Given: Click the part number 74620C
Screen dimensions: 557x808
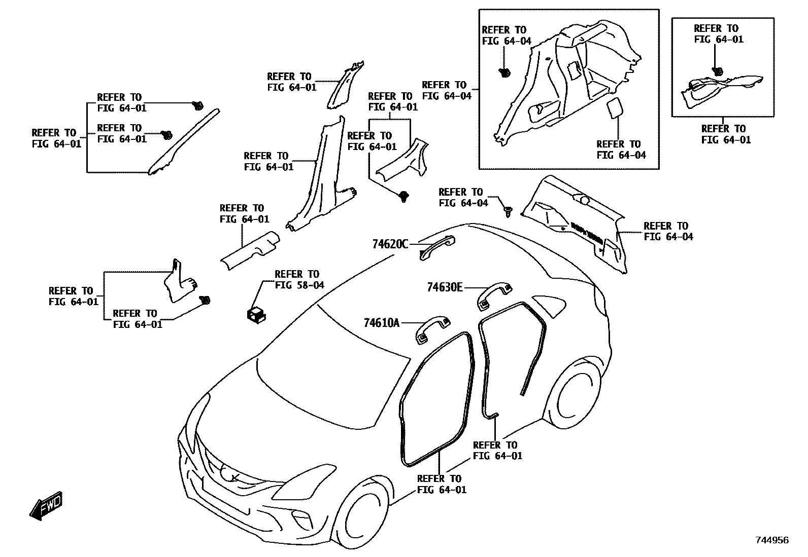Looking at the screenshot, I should click(x=390, y=244).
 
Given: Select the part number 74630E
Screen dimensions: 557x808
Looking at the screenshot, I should click(x=445, y=287).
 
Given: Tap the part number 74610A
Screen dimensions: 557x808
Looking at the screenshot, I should click(x=381, y=322).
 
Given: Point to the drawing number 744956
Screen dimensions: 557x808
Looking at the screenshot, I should click(x=771, y=540).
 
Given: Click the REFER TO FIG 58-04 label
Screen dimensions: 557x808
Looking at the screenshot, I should click(x=299, y=280).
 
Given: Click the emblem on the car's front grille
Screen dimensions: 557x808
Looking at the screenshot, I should click(x=234, y=476).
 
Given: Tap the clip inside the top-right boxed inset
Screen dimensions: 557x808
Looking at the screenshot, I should click(x=717, y=72).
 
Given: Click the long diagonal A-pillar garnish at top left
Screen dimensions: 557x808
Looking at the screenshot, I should click(x=183, y=142).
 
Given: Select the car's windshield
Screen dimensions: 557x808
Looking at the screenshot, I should click(x=330, y=365).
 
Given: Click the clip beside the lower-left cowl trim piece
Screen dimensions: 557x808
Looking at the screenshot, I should click(x=206, y=300).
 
